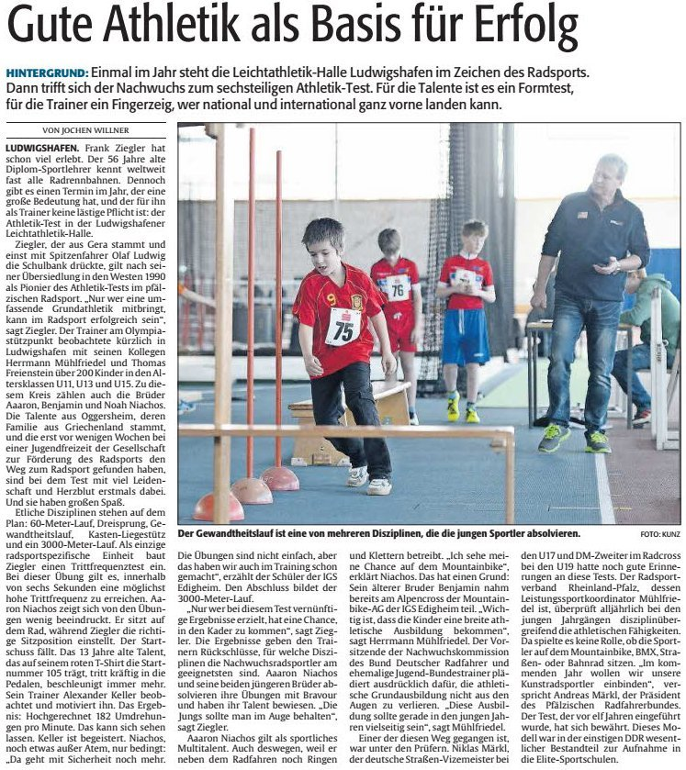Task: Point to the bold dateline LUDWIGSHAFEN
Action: click(x=40, y=148)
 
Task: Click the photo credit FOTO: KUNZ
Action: click(x=660, y=533)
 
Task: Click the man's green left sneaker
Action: click(x=553, y=438)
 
